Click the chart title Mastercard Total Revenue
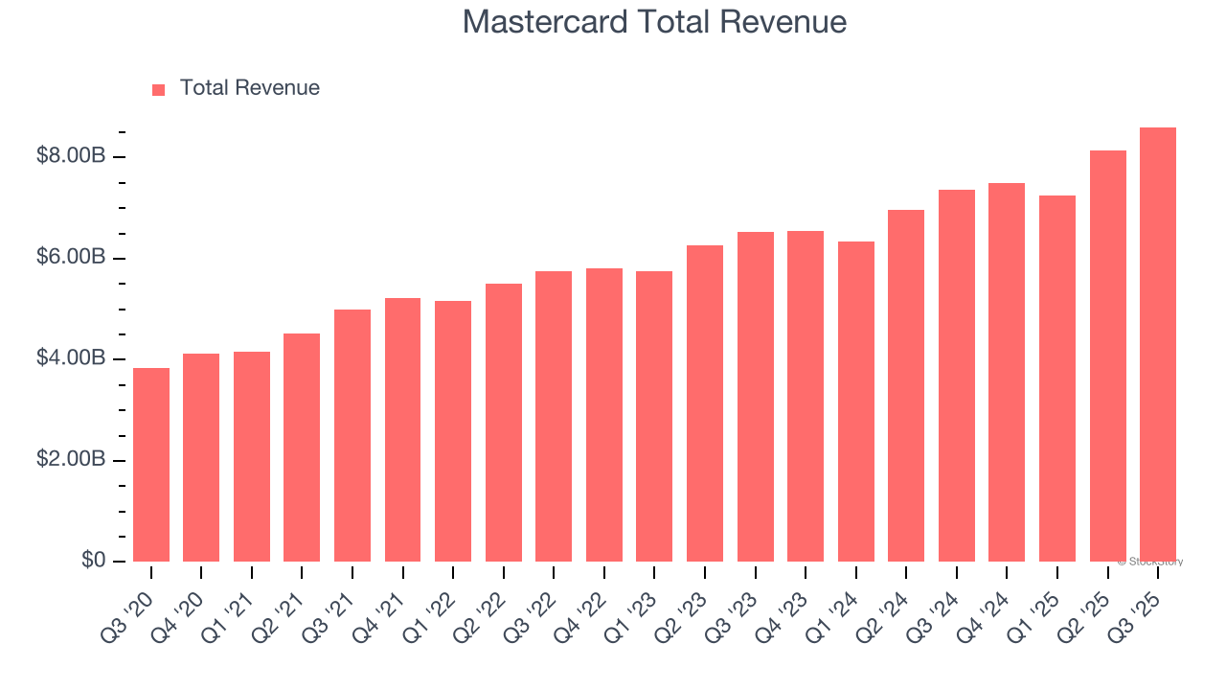click(654, 22)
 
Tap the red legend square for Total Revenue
click(159, 89)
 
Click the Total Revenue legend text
click(249, 88)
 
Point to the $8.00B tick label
click(70, 156)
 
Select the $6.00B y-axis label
click(70, 258)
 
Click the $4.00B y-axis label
click(70, 358)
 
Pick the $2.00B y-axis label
click(70, 460)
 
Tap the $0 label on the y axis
click(92, 561)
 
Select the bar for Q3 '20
click(151, 465)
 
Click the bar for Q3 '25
click(1158, 345)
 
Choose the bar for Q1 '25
click(1057, 379)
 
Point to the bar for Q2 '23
click(705, 403)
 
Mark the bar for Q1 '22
click(453, 431)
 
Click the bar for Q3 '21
click(352, 435)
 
